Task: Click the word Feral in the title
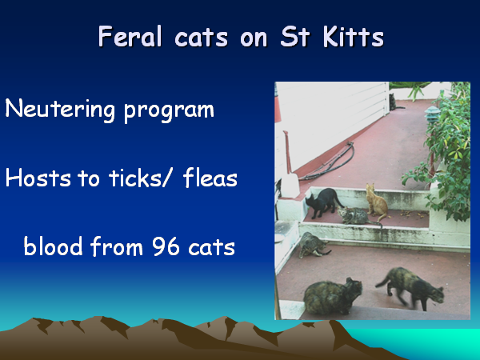(x=130, y=36)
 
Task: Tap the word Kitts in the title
(x=354, y=36)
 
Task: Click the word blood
(x=53, y=246)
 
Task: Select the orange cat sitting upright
(x=377, y=202)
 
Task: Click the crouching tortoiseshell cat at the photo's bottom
(x=333, y=296)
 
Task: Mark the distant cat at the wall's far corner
(x=394, y=102)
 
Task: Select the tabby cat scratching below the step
(x=313, y=245)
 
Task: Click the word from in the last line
(x=117, y=246)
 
